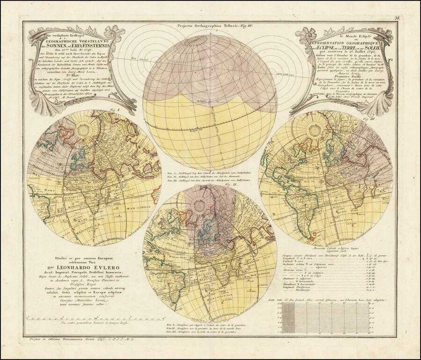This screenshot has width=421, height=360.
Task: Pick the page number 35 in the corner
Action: [397, 18]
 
